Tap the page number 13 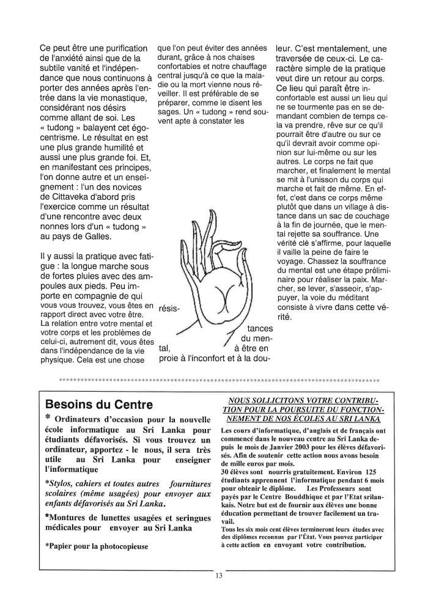click(x=218, y=575)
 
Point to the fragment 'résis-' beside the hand click(x=169, y=308)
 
